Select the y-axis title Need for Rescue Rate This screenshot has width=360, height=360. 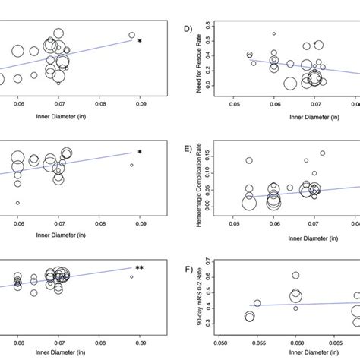(202, 62)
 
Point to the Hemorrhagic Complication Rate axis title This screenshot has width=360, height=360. (202, 178)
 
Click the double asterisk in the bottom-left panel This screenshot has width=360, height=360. (140, 268)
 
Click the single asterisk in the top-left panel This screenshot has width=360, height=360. (139, 41)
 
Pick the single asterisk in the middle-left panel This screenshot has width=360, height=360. (139, 153)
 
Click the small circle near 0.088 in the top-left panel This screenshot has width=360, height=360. (131, 35)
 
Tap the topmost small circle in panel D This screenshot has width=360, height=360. (274, 33)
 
